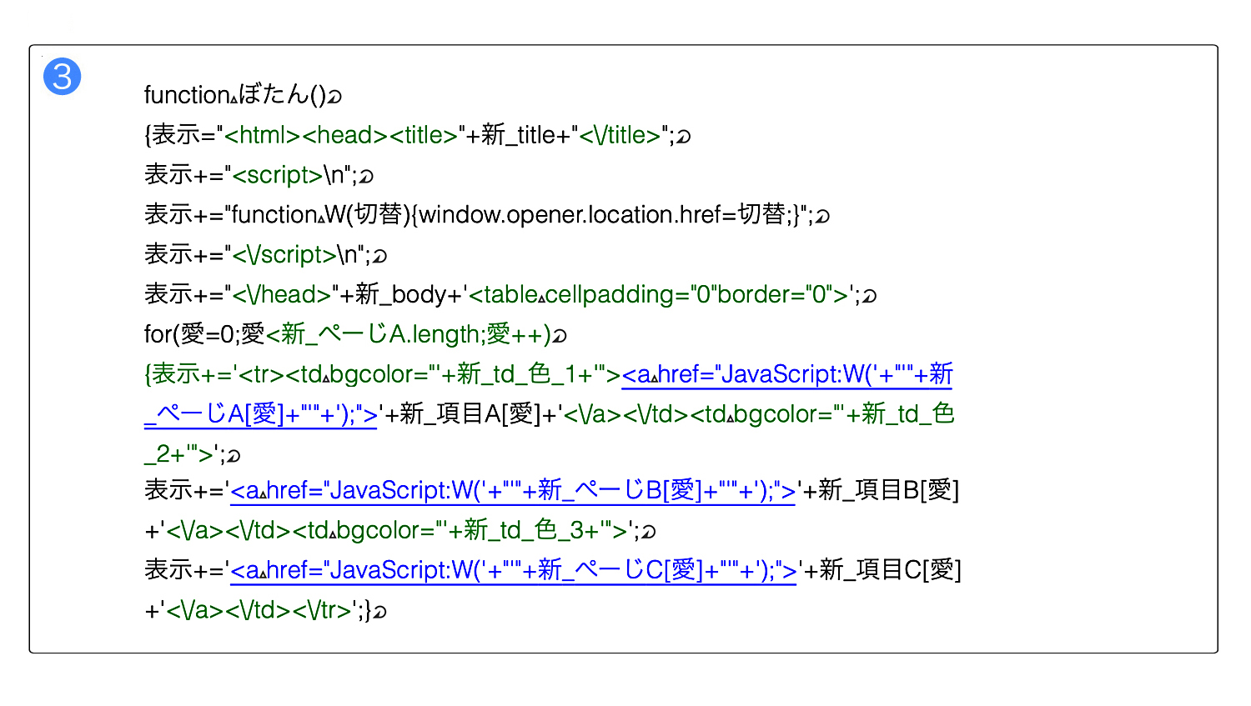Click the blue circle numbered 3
tap(62, 77)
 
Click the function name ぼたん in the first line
tap(274, 94)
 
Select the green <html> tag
tap(262, 135)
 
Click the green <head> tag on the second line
tap(344, 135)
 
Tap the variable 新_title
tap(516, 135)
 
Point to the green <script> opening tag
tap(277, 175)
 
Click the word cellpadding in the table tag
tap(610, 295)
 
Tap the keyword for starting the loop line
tap(158, 334)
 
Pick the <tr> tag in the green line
tap(261, 374)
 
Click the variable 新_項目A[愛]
tap(470, 414)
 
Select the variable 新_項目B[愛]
tap(888, 490)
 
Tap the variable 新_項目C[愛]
tap(890, 570)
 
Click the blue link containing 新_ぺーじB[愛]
tap(513, 491)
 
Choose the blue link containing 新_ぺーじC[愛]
tap(513, 570)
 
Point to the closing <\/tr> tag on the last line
tap(322, 610)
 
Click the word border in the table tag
tap(751, 295)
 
